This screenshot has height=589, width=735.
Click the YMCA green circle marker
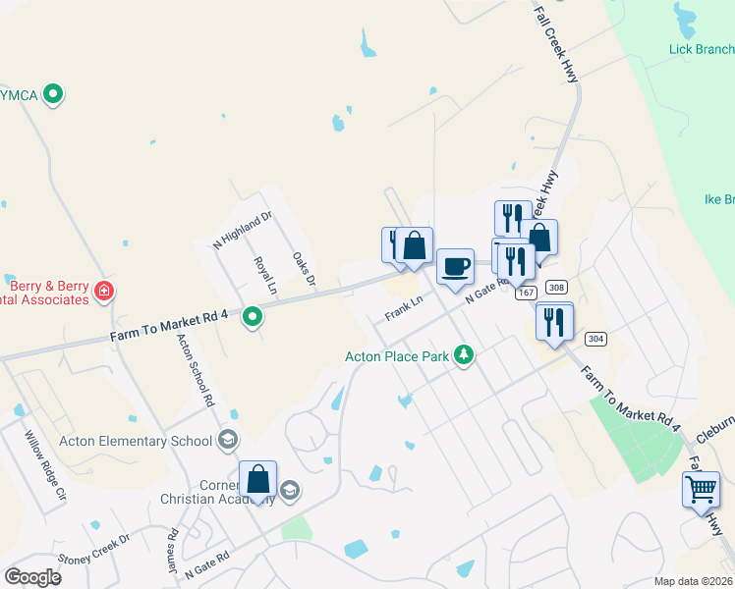(55, 95)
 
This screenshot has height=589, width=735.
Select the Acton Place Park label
(397, 356)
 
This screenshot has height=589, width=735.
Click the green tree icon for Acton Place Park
(464, 355)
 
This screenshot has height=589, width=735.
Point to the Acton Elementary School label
(136, 441)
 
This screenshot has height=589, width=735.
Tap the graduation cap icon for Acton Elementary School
(229, 440)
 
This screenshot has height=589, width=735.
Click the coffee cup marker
(455, 267)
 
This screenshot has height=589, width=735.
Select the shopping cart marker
(702, 489)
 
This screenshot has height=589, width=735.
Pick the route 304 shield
(594, 339)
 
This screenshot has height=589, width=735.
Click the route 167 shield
(526, 293)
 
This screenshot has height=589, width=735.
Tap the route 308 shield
(556, 288)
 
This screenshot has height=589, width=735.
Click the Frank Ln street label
(404, 310)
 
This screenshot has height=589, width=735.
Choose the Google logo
(32, 577)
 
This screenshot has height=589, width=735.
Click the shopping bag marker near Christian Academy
(257, 481)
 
